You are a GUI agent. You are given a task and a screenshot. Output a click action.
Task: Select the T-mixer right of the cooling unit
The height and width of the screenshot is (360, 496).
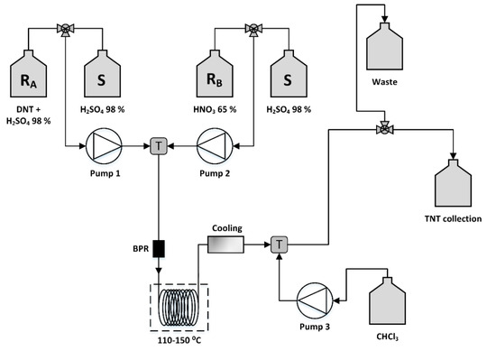coord(278,244)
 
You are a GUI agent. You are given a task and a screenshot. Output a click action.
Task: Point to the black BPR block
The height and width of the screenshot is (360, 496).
coord(159,245)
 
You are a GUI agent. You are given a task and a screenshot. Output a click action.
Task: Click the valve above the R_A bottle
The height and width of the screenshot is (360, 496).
coord(66,28)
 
